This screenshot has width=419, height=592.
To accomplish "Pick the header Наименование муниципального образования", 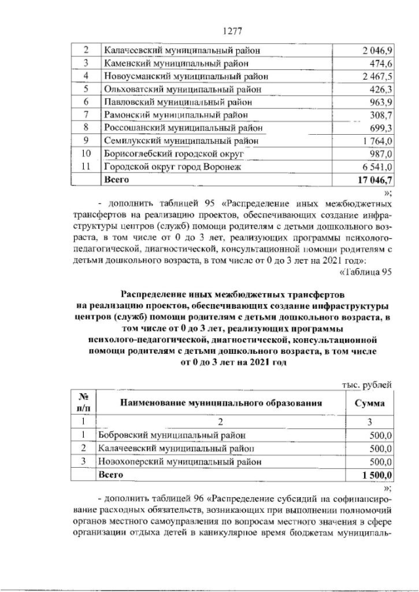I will tap(220, 404).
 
